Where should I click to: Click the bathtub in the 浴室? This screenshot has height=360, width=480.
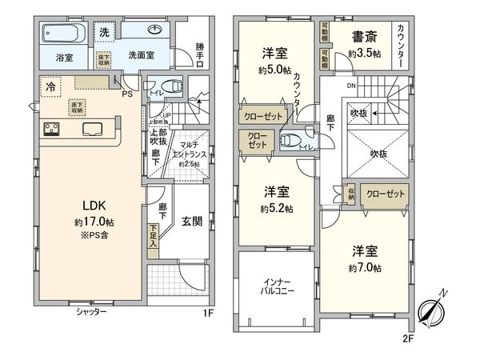point(63,35)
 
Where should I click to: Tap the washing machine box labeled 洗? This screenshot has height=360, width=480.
point(105,33)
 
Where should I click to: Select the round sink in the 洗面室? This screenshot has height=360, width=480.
point(155,32)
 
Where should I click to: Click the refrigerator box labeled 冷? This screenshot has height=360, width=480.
point(50,85)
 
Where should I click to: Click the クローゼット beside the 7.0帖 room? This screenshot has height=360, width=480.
point(385,194)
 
